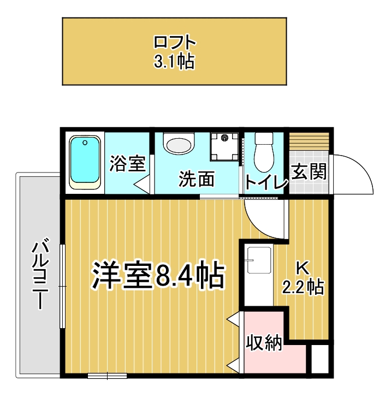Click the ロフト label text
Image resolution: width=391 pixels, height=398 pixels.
(175, 42)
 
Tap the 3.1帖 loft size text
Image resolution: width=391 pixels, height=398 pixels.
(174, 61)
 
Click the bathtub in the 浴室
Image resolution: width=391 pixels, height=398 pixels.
(85, 163)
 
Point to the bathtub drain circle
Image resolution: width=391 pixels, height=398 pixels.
(85, 142)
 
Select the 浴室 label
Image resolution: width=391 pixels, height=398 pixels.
(127, 164)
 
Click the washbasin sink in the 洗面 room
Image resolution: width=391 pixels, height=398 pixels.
(179, 144)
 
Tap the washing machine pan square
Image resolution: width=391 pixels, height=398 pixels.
(224, 146)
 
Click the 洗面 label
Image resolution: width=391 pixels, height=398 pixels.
(197, 179)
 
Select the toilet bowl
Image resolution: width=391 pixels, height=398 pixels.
(264, 152)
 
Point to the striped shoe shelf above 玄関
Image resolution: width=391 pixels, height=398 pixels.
(309, 141)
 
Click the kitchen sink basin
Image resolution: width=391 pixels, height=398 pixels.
(259, 260)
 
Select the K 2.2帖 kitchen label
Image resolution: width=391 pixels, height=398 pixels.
(304, 278)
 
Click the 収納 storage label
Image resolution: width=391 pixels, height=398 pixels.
(264, 343)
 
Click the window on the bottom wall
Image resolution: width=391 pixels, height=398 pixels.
(107, 376)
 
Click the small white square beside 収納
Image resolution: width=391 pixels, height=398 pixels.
(320, 359)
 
